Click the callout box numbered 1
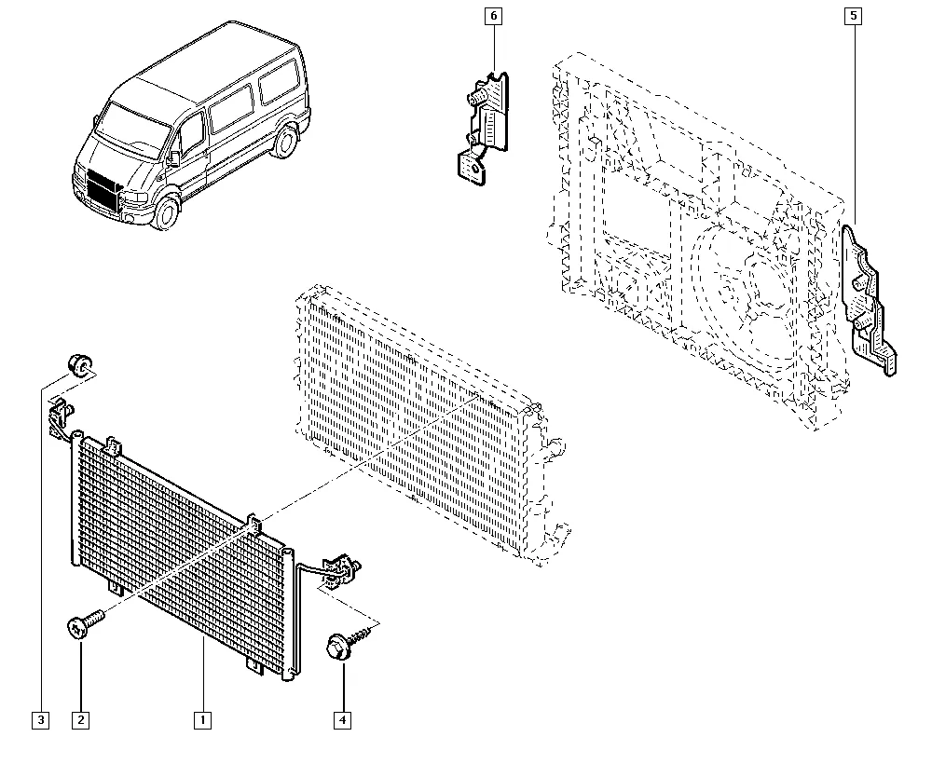coord(202,720)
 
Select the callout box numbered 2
coord(80,720)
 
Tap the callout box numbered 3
coord(40,720)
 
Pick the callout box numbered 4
coord(342,720)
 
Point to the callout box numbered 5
coord(854,16)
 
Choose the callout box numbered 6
coord(493,16)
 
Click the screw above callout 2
coord(85,623)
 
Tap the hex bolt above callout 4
coord(349,643)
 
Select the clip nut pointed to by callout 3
coord(79,364)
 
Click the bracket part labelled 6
coord(485,127)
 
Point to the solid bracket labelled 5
coord(867,301)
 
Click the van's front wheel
coord(165,213)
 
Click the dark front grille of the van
coord(102,189)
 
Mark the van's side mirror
coord(174,157)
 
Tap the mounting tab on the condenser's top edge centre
coord(254,523)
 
